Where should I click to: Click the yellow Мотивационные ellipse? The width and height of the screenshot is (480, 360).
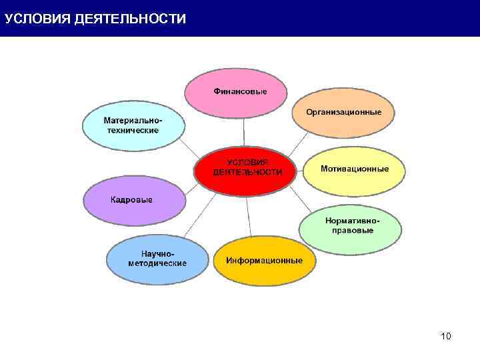point(354,169)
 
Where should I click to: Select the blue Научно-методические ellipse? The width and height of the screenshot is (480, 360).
point(157,260)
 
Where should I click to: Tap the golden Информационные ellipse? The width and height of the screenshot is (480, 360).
point(264,261)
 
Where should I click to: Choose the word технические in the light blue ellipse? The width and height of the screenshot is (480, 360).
point(133,130)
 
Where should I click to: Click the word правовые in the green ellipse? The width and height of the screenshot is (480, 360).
point(353,231)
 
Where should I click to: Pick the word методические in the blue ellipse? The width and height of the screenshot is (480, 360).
point(157,264)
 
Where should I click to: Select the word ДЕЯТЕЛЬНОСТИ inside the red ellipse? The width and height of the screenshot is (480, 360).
point(247,172)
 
